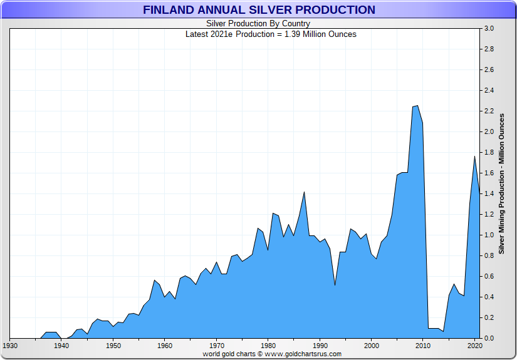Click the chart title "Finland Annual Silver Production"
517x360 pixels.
pyautogui.click(x=259, y=10)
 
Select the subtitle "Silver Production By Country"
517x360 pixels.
pyautogui.click(x=258, y=24)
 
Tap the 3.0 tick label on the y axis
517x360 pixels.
pyautogui.click(x=489, y=29)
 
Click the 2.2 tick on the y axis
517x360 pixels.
pyautogui.click(x=489, y=111)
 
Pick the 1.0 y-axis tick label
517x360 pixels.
pyautogui.click(x=489, y=235)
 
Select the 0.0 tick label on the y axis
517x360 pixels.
pyautogui.click(x=489, y=339)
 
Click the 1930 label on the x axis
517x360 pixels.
pyautogui.click(x=10, y=345)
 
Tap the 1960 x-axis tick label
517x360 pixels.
pyautogui.click(x=165, y=345)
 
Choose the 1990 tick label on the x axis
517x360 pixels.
pyautogui.click(x=320, y=345)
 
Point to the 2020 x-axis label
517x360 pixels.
pyautogui.click(x=474, y=345)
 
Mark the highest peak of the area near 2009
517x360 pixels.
pyautogui.click(x=417, y=106)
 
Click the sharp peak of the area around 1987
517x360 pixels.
pyautogui.click(x=304, y=192)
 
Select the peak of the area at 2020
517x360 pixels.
pyautogui.click(x=474, y=156)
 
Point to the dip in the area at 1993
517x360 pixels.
pyautogui.click(x=335, y=285)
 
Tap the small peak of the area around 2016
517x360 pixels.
pyautogui.click(x=454, y=284)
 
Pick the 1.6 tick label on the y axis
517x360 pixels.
pyautogui.click(x=489, y=173)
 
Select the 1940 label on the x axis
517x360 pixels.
pyautogui.click(x=61, y=345)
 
